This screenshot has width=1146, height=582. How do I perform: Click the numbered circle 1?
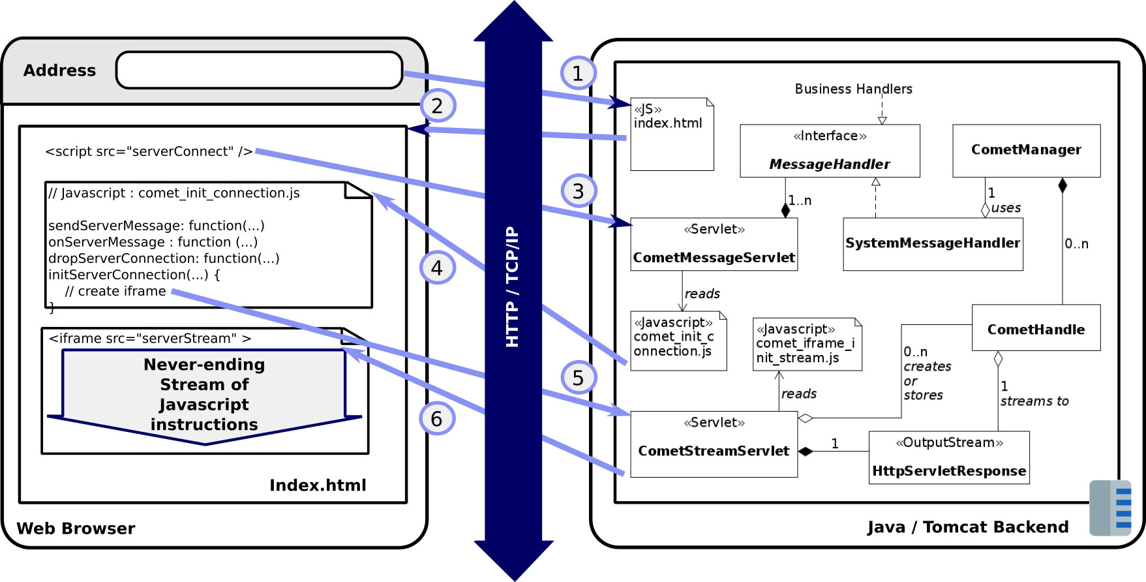[577, 73]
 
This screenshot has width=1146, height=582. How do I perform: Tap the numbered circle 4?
[437, 268]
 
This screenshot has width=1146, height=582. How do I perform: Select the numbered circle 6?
[437, 418]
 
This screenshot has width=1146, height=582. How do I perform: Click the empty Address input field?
[259, 70]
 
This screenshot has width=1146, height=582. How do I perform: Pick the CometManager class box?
[1026, 151]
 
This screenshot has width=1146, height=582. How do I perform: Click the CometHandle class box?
[1036, 328]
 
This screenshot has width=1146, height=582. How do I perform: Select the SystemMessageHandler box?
[933, 244]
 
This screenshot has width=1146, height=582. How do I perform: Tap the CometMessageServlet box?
[714, 244]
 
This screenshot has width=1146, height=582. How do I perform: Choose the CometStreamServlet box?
[714, 444]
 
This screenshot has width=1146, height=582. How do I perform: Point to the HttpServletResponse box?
[949, 457]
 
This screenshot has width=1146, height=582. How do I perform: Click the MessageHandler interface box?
[830, 151]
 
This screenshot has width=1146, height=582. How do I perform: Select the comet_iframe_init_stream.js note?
[807, 344]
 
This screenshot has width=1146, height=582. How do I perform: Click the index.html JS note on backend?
[672, 134]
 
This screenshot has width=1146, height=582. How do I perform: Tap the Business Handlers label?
[853, 89]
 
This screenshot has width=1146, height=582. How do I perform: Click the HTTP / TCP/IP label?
[513, 287]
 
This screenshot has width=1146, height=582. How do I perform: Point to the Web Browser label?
[76, 528]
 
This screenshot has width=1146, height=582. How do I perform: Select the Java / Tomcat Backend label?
[968, 527]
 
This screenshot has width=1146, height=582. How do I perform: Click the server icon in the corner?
[1110, 508]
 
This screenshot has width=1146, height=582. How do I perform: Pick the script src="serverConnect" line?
[149, 151]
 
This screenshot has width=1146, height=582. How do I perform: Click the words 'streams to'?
[1034, 401]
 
